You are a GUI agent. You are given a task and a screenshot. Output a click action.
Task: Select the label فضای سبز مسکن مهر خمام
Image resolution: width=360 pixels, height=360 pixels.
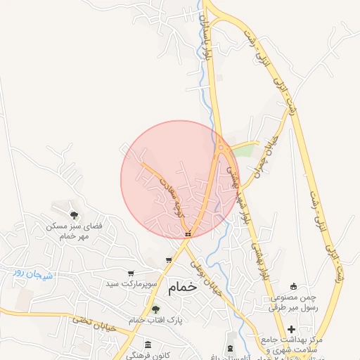[74, 232]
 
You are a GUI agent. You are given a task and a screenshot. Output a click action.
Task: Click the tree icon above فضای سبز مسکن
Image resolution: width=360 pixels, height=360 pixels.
[74, 215]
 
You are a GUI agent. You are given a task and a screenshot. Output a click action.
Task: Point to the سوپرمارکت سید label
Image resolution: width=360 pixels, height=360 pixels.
[129, 284]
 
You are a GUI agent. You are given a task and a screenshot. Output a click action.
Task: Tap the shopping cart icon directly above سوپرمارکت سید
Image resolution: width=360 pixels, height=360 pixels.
[130, 273]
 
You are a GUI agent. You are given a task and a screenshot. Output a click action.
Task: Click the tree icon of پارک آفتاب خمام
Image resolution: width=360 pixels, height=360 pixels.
[155, 309]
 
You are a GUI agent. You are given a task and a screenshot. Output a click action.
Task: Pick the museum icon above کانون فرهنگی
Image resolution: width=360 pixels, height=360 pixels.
[148, 344]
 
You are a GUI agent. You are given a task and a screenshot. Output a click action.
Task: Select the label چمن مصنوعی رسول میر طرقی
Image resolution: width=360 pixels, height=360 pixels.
[294, 302]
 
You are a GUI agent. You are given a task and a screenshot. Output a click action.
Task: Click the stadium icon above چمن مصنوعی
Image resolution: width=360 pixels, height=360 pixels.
[293, 285]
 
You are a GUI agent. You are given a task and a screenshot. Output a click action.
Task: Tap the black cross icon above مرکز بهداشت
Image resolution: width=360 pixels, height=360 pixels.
[291, 330]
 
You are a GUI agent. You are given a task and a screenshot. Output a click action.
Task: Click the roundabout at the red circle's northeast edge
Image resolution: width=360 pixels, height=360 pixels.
[221, 148]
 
